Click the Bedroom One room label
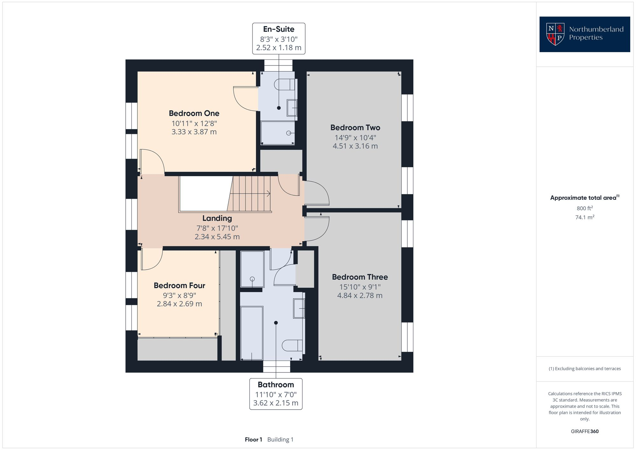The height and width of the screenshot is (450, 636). tap(194, 113)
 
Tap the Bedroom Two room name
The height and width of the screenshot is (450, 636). tap(355, 128)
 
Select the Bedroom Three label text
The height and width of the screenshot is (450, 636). tap(360, 277)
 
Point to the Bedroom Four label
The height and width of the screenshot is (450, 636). tap(179, 286)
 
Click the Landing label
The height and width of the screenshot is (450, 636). tap(217, 218)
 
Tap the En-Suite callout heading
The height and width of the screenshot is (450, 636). tap(279, 29)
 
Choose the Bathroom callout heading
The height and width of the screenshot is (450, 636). tap(276, 385)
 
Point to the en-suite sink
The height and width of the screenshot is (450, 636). tap(292, 108)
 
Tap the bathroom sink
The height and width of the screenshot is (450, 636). tap(299, 308)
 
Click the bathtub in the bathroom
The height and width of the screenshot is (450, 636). tap(252, 333)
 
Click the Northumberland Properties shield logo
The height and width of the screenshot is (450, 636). tap(555, 34)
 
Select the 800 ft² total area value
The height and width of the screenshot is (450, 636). tap(584, 209)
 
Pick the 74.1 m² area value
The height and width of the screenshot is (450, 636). tap(584, 218)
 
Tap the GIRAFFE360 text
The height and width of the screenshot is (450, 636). tap(584, 432)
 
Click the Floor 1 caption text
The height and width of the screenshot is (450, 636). tap(253, 440)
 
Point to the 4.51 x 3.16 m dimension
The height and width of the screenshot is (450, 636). tap(355, 146)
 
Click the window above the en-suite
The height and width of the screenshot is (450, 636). tap(278, 66)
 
